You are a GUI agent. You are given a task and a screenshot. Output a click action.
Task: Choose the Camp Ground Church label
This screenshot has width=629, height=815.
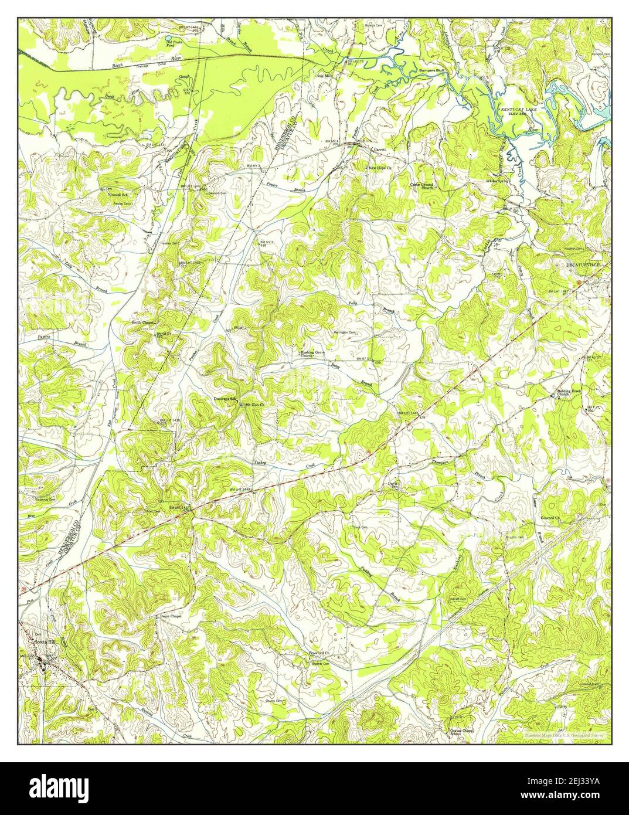421,186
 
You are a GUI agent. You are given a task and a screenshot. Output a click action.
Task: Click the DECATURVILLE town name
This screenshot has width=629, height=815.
583,266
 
